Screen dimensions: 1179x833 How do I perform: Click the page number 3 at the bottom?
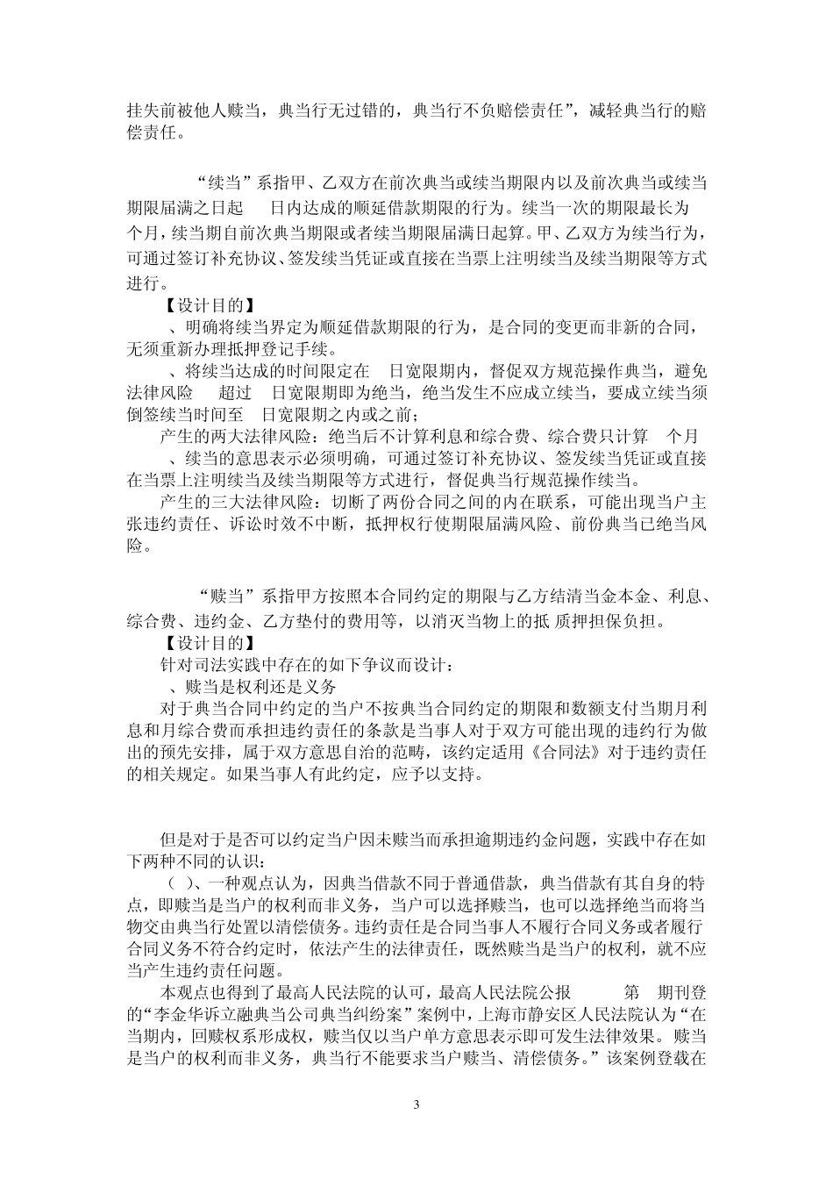(416, 1104)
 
